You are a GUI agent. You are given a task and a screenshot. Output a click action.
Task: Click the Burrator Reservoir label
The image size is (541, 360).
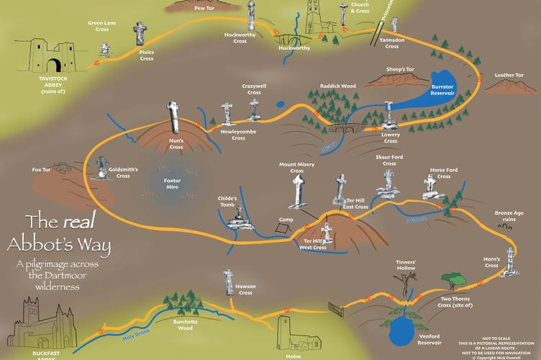[442, 91]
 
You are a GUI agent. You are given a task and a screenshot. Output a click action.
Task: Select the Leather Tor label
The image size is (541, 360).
[509, 76]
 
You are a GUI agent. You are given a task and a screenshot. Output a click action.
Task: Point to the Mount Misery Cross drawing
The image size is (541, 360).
[298, 191]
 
